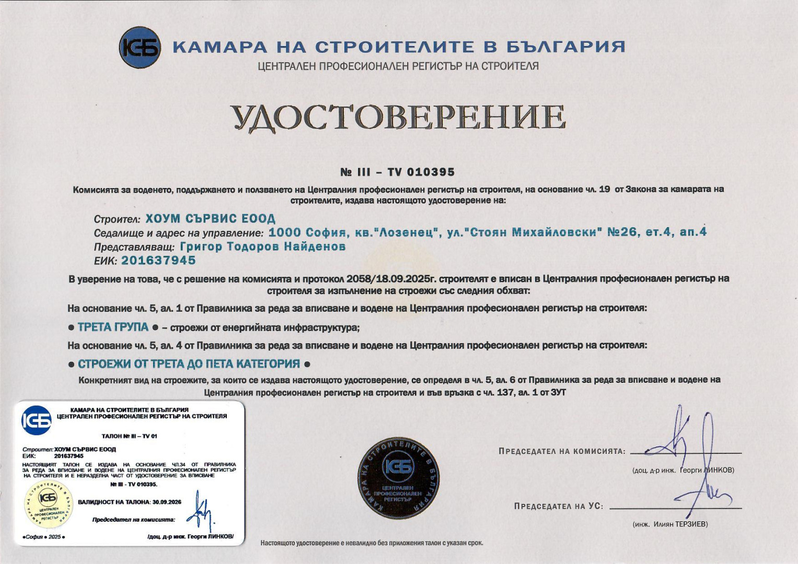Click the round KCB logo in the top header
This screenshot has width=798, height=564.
coord(140,48)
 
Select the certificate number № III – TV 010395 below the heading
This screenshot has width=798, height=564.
coord(397,172)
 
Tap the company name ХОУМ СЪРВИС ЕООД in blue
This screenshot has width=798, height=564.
coord(210,218)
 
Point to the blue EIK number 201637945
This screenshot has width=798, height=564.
coord(158,260)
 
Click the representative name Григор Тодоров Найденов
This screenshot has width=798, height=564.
coord(263,246)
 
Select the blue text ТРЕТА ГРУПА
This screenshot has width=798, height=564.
coord(113,327)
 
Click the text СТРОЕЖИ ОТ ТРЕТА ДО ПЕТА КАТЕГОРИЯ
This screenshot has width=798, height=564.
coord(189,363)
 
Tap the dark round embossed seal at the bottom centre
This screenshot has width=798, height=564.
coord(398,478)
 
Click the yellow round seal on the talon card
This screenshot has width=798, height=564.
coord(49,504)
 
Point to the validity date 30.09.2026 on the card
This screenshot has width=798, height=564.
coord(167,502)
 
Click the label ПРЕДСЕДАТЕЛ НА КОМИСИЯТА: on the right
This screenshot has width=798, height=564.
coord(562,451)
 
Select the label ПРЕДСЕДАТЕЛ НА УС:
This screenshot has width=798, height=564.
coord(559,506)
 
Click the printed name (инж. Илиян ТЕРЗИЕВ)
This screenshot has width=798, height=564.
coord(670,524)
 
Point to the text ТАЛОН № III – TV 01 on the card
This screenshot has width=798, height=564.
coord(129,436)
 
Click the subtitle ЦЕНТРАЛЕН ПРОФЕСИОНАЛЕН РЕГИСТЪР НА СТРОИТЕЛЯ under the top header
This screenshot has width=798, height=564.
coord(398,66)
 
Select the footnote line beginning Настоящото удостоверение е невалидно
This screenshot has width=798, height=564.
coord(372,543)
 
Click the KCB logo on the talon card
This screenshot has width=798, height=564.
coord(37,420)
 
